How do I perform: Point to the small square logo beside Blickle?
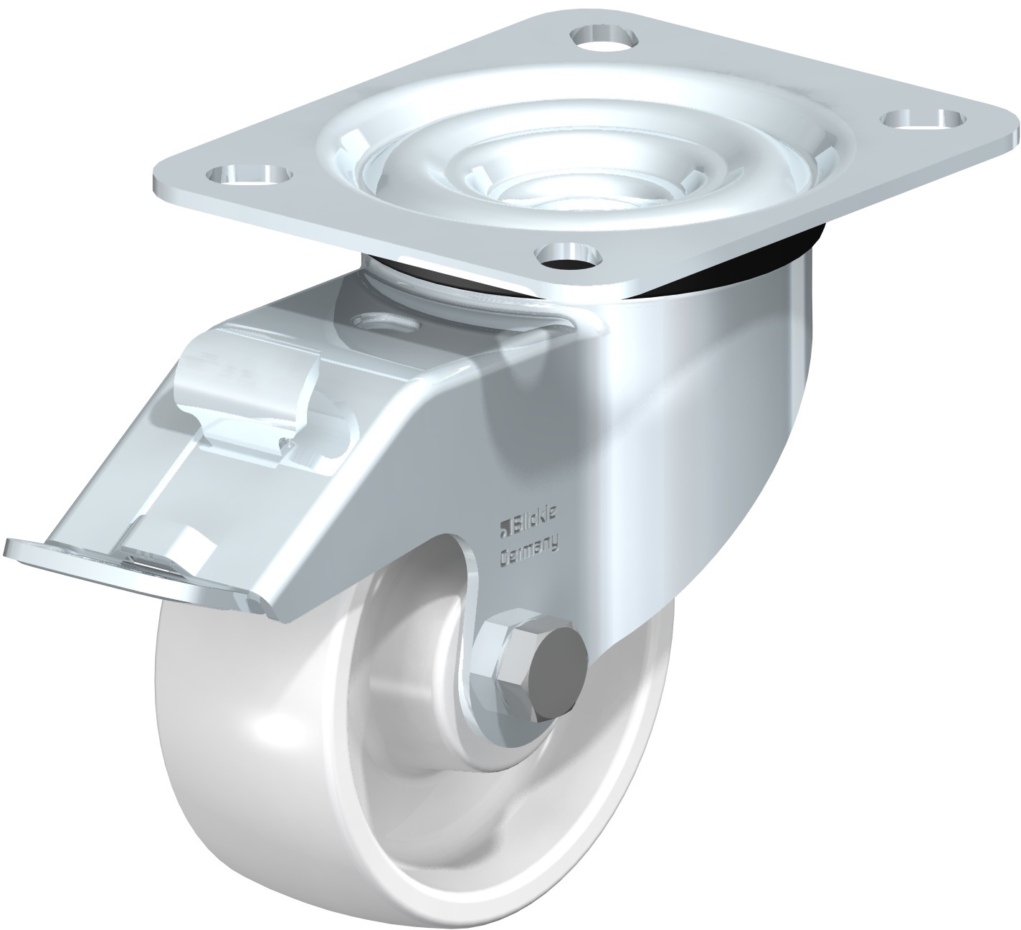[x=505, y=530]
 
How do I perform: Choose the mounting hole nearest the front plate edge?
[x=569, y=255]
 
